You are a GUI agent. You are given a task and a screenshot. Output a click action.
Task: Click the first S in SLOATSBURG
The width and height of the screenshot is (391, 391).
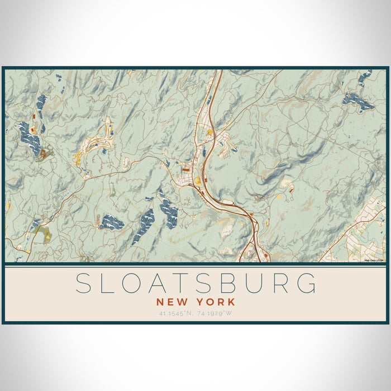click(x=84, y=283)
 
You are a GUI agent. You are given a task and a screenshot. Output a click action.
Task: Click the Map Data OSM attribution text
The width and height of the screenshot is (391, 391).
click(x=375, y=260)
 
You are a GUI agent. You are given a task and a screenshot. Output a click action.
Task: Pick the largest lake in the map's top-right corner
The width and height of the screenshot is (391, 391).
click(x=358, y=101)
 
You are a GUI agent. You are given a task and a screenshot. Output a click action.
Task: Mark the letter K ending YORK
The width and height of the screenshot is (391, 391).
click(x=231, y=302)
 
